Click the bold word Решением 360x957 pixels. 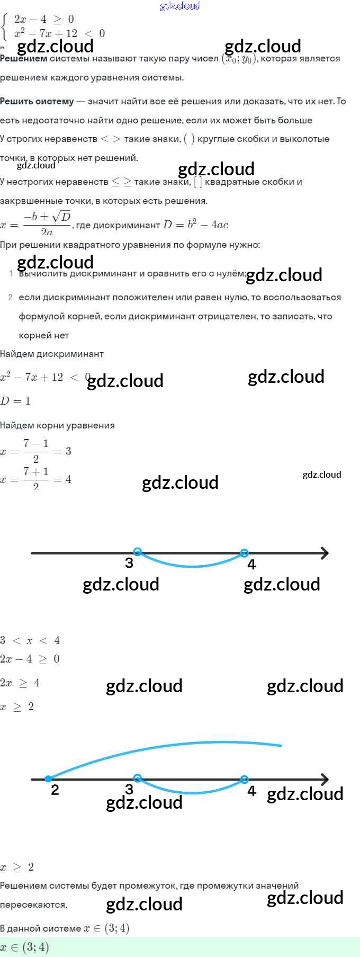coord(24,59)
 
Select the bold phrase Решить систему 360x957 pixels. coord(37,101)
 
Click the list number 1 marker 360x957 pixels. coord(11,274)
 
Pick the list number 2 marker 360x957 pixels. coord(11,298)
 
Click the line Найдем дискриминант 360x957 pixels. coord(52,354)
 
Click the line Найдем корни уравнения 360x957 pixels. coord(57,425)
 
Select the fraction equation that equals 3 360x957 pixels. coord(36,451)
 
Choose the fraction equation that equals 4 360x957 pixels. coord(36,479)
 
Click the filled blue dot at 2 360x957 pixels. coord(48,779)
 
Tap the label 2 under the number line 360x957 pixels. coord(55,790)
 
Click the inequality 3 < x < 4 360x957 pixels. coord(30,640)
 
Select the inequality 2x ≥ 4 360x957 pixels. coord(20,683)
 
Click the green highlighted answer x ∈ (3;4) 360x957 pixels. coord(25,947)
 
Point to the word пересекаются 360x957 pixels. coord(34,905)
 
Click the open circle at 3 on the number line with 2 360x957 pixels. coord(138,779)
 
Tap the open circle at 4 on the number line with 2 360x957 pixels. coord(244,779)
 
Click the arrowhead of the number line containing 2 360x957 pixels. coord(324,779)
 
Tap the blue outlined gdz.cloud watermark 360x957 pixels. coord(180,6)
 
